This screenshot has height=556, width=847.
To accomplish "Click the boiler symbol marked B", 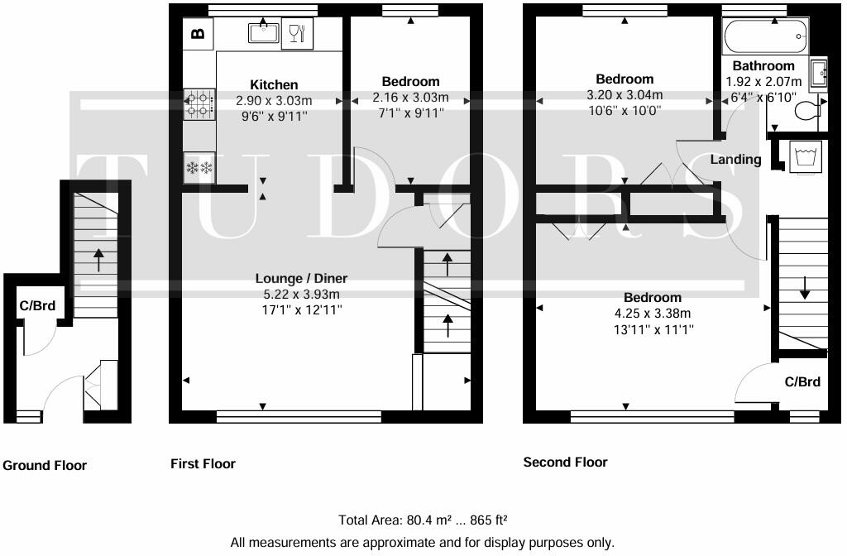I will (x=198, y=34).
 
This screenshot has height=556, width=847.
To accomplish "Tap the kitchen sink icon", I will (x=264, y=33).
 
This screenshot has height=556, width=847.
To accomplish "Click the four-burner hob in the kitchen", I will (x=199, y=103).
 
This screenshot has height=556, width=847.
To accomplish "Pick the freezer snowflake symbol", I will (x=199, y=168).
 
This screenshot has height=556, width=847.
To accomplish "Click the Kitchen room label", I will (x=274, y=84).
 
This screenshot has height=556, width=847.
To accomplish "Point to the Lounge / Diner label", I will (x=301, y=278).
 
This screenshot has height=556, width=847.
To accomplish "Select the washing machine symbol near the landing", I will (x=804, y=156).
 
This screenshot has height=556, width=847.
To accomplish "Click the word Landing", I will (x=735, y=159).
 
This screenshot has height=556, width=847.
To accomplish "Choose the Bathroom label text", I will (x=763, y=65).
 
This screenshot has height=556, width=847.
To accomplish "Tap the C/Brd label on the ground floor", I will (x=37, y=305).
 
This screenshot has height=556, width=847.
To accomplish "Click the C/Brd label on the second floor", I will (x=802, y=381).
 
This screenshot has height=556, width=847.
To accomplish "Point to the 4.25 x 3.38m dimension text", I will (x=653, y=313).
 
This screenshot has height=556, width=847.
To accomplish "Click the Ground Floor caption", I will (x=45, y=465).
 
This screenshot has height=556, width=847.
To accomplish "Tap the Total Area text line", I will (x=423, y=520).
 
